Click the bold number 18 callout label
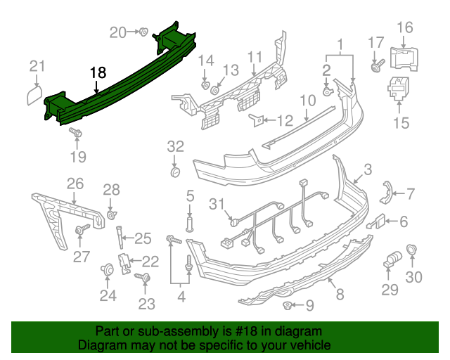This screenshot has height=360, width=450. [x=98, y=72]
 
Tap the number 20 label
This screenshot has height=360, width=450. [x=117, y=32]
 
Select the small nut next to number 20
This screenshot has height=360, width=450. [x=142, y=31]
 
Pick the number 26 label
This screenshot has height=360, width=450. [x=75, y=184]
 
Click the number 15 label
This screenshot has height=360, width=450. [x=400, y=124]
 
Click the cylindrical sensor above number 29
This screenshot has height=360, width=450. [x=391, y=259]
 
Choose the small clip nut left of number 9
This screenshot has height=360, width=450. [x=288, y=305]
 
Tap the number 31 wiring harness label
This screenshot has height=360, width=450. [x=218, y=204]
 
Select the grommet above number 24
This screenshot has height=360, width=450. [x=108, y=269]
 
